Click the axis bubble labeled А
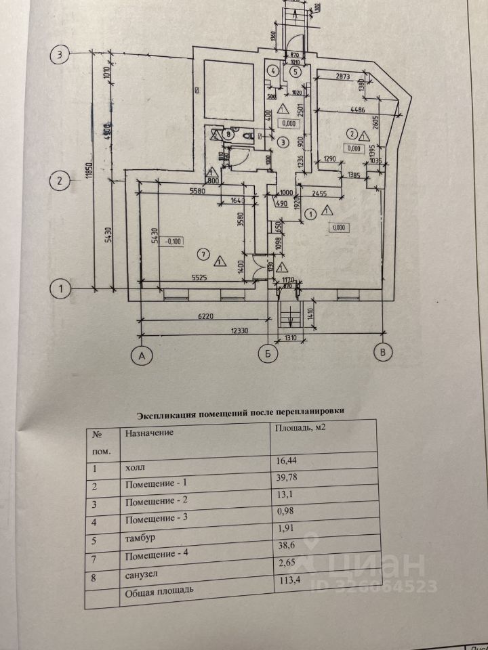tap(141, 353)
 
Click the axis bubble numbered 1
tap(61, 289)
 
